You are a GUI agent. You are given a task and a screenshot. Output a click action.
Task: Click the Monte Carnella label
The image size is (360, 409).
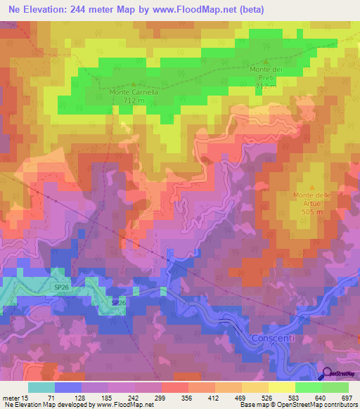(134, 91)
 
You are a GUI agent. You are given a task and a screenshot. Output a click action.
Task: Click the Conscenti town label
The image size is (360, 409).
(273, 339)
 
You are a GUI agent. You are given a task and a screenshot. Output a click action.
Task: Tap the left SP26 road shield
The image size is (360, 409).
(62, 287)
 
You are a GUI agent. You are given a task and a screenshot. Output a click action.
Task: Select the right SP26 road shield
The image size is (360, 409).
(119, 303)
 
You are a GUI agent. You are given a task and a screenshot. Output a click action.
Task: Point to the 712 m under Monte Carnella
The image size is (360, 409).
(134, 100)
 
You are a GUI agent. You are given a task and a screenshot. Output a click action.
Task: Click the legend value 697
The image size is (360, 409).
(345, 397)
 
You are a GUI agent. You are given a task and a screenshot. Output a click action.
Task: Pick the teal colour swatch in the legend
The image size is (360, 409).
(41, 387)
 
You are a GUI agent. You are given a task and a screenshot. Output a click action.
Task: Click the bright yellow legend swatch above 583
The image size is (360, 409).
(282, 387)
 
